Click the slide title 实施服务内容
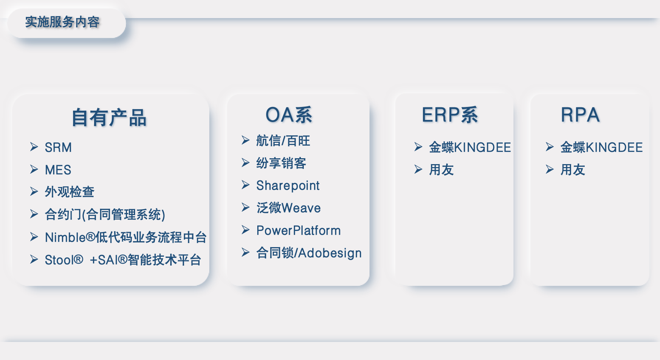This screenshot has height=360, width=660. (x=62, y=22)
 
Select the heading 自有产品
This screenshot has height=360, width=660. (x=109, y=118)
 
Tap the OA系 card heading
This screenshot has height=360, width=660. (x=289, y=115)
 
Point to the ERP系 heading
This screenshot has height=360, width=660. (x=450, y=115)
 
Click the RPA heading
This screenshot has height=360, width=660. (x=580, y=115)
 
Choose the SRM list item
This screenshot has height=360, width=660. (x=58, y=148)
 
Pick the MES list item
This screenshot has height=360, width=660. (x=58, y=170)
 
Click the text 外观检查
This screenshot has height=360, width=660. (x=70, y=192)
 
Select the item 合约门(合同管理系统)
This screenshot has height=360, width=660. (x=105, y=215)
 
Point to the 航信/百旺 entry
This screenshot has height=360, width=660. (x=283, y=141)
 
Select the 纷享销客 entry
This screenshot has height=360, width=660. (x=281, y=163)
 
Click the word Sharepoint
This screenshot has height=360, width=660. (x=288, y=186)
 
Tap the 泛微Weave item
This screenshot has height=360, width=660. (x=289, y=208)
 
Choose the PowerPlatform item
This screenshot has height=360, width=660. (x=299, y=231)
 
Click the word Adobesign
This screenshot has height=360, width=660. (x=330, y=253)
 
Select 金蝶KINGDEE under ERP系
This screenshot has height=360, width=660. (x=470, y=148)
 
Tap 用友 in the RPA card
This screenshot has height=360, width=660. (x=573, y=170)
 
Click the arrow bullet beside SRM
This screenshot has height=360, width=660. (x=34, y=147)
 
